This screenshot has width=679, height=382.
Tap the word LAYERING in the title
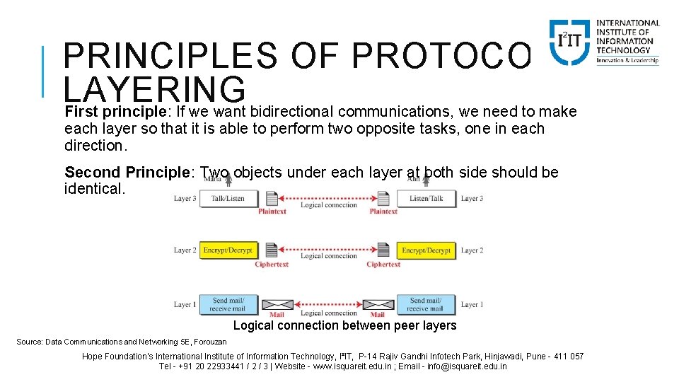(x=154, y=91)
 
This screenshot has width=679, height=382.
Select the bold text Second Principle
(x=125, y=173)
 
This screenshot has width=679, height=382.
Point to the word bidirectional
(x=294, y=112)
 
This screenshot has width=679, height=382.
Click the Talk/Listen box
(x=228, y=199)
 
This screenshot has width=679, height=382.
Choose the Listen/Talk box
(x=426, y=199)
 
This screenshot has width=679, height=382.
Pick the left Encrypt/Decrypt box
(x=228, y=250)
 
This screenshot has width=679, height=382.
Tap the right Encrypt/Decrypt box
(x=426, y=250)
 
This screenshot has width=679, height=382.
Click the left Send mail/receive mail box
(x=228, y=304)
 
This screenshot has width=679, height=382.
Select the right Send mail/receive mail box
(x=426, y=304)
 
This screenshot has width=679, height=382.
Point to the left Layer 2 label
(x=185, y=250)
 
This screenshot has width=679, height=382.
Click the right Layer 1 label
(x=472, y=305)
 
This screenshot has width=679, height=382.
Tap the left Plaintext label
(x=272, y=212)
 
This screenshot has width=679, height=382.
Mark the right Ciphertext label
(x=383, y=265)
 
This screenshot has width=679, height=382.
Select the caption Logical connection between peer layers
(x=344, y=325)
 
